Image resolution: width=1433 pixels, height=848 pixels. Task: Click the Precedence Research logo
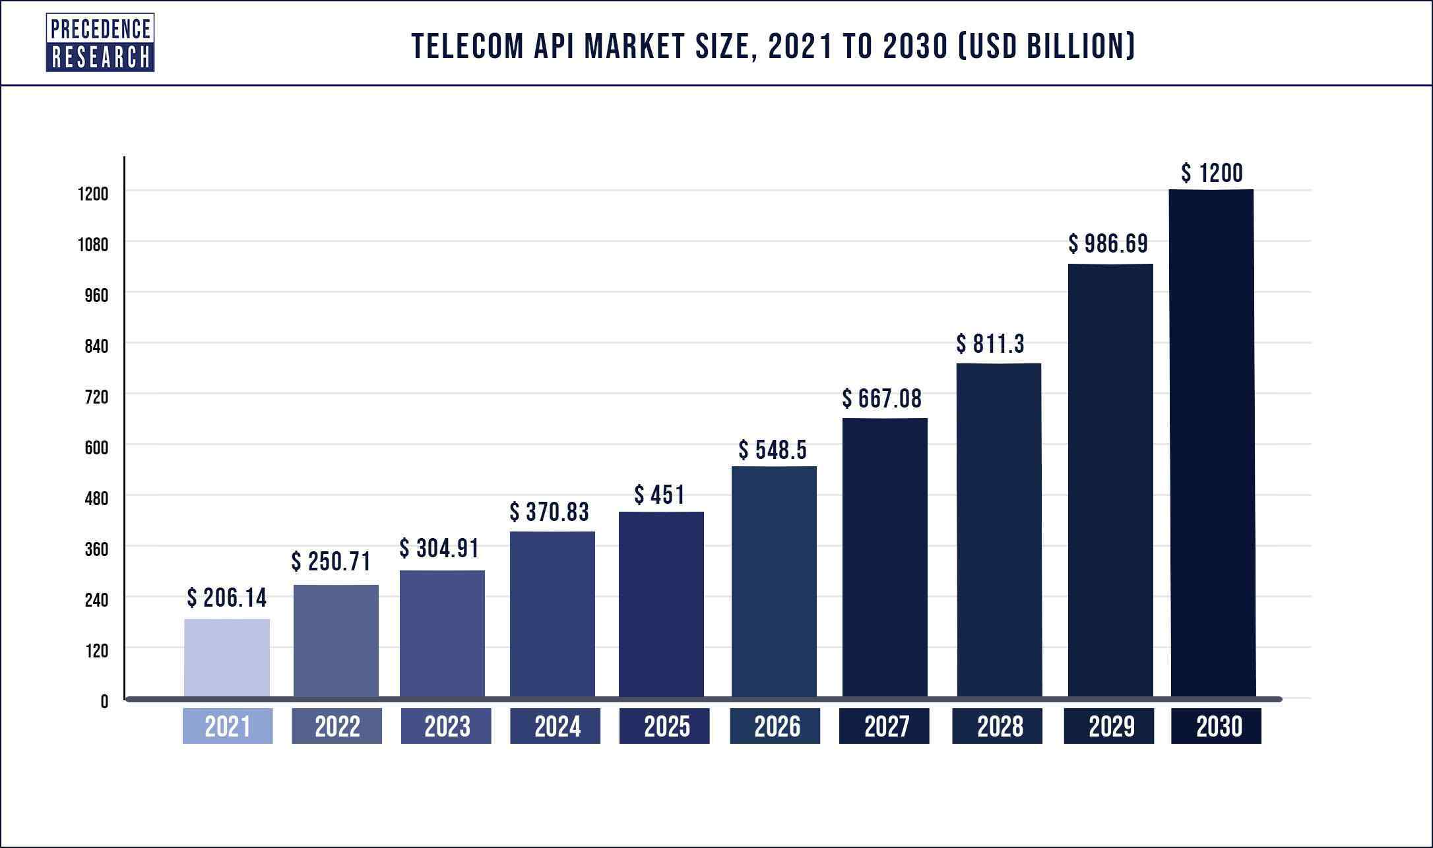point(100,43)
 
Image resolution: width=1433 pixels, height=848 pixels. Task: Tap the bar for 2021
point(227,657)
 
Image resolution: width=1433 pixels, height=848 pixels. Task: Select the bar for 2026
point(774,581)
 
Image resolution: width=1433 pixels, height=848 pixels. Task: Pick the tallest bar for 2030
point(1212,443)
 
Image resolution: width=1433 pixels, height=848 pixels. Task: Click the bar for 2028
point(999,530)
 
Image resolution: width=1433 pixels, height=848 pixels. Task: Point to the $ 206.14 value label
point(227,598)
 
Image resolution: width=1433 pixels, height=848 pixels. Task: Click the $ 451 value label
point(660,495)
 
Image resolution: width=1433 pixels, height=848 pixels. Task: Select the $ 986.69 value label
point(1108,244)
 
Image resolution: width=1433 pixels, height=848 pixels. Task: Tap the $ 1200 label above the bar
point(1212,173)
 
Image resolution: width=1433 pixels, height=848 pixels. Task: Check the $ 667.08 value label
point(882,399)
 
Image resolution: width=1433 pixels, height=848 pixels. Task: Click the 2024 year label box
point(555,726)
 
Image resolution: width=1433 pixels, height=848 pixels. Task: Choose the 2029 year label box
point(1108,726)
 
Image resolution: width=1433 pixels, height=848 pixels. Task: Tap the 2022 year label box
point(336,726)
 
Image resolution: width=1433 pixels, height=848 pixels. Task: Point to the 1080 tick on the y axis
point(93,245)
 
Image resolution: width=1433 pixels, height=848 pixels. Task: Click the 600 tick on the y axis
point(96,448)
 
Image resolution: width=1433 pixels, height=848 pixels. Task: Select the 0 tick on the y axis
point(104,702)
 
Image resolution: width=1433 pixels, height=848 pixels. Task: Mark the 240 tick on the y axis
point(96,600)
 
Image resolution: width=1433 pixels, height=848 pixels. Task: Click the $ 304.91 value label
point(439,549)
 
